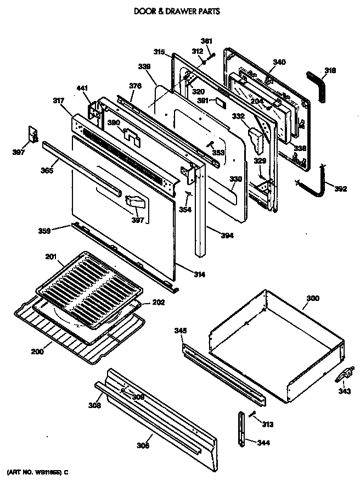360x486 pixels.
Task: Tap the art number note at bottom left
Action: pyautogui.click(x=38, y=472)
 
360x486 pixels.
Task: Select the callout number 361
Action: pyautogui.click(x=206, y=41)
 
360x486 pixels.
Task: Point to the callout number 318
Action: pyautogui.click(x=330, y=70)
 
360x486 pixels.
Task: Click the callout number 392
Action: pyautogui.click(x=341, y=189)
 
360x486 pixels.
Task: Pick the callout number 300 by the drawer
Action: pyautogui.click(x=312, y=299)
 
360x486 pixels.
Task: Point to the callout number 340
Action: pyautogui.click(x=279, y=63)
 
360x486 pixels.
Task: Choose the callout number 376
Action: pyautogui.click(x=135, y=86)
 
